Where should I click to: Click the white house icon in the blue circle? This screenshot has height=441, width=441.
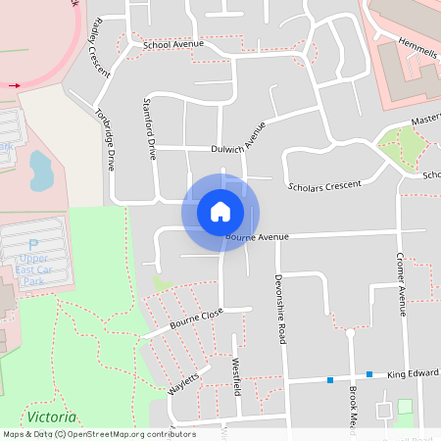[x=220, y=212]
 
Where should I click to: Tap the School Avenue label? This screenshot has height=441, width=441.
[x=172, y=45]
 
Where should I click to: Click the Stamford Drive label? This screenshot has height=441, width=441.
[x=150, y=127]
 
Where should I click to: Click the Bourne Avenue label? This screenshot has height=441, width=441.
[x=259, y=236]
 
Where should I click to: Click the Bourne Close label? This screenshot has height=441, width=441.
[x=196, y=318]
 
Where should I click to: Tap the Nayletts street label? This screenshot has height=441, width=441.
[x=183, y=379]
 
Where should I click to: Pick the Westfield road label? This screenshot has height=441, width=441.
[x=236, y=376]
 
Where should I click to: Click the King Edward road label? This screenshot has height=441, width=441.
[x=412, y=373]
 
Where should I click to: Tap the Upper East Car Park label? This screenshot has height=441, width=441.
[x=33, y=264]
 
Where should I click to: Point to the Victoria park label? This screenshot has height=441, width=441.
[x=52, y=416]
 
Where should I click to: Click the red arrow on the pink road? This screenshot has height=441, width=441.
[x=15, y=85]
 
